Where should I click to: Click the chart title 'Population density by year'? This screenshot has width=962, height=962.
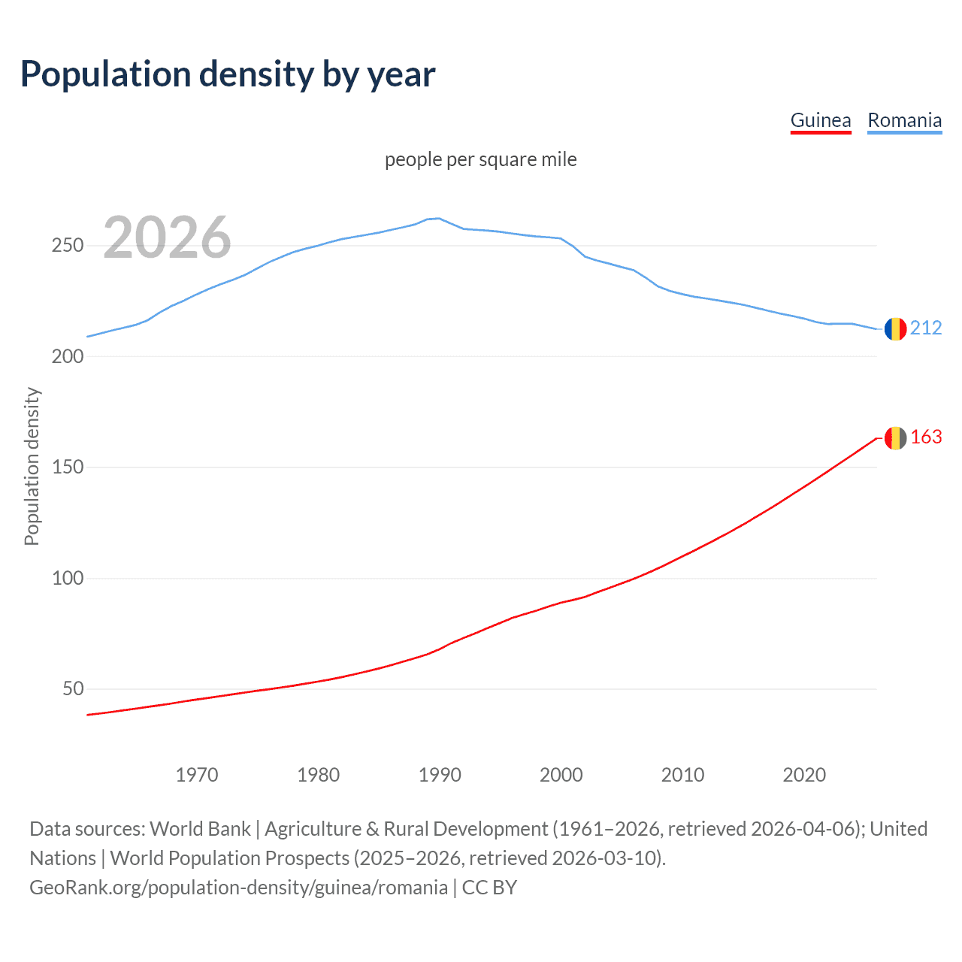(228, 74)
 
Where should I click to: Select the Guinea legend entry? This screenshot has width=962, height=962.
(821, 120)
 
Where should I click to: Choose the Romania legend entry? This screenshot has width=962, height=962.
(904, 120)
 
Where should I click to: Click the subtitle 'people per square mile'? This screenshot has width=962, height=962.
(481, 159)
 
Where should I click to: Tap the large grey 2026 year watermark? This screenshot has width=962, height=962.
(167, 237)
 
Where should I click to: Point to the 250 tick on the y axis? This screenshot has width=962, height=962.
(68, 246)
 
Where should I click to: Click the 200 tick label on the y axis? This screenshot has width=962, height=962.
(68, 356)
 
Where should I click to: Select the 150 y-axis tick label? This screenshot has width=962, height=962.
(68, 467)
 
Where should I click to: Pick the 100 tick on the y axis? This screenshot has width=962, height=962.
(68, 578)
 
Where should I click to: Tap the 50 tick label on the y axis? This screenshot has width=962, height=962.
(73, 689)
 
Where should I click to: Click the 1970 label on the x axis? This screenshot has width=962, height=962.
(197, 775)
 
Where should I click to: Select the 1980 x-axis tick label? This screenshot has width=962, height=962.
(319, 775)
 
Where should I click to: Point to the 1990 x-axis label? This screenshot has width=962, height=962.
(440, 775)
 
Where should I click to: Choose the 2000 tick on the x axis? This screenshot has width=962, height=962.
(561, 775)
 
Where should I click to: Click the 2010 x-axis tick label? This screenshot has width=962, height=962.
(682, 775)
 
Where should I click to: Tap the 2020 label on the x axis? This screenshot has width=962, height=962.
(804, 775)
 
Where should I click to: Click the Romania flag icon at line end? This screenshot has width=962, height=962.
(895, 328)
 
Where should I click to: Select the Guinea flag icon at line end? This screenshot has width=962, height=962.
(895, 437)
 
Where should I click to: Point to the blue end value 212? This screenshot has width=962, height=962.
(926, 328)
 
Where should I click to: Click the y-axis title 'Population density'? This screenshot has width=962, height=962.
(32, 466)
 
